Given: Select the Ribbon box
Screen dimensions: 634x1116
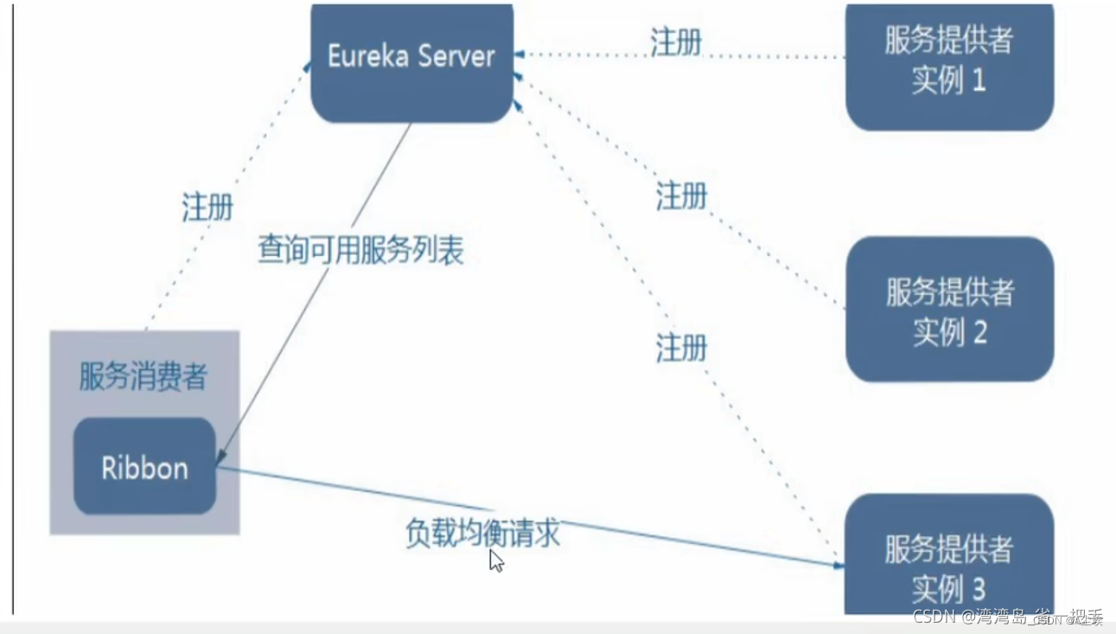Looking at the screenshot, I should click(144, 467).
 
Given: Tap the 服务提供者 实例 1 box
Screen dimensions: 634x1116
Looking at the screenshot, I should click(949, 62).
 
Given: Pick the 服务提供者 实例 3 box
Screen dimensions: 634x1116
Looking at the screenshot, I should click(949, 562).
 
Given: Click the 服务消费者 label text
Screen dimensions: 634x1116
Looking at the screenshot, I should click(143, 377).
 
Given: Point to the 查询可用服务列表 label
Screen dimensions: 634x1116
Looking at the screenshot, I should click(360, 249).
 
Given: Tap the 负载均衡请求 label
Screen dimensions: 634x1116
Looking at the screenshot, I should click(482, 532).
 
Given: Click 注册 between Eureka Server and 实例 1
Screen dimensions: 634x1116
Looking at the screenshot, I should click(676, 42).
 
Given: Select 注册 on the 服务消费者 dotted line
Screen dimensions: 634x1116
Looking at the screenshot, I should click(207, 208).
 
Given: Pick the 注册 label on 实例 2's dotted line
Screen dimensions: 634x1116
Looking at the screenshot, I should click(681, 196).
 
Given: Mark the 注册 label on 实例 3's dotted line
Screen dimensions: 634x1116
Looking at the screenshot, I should click(681, 349).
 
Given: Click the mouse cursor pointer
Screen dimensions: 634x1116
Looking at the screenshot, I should click(495, 560).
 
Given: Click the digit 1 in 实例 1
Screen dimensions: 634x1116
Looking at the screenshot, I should click(979, 81).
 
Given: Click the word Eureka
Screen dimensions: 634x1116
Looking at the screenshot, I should click(367, 56).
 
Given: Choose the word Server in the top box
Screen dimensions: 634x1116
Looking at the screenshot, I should click(456, 56).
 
